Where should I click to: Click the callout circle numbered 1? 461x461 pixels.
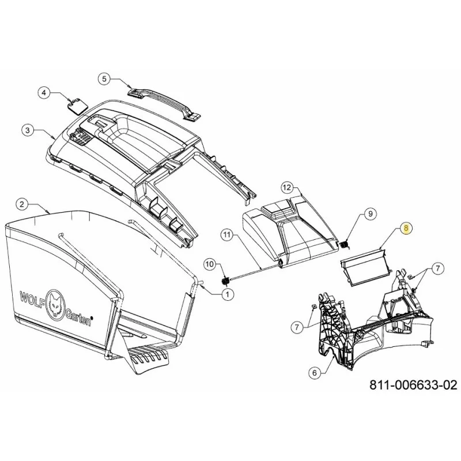227,294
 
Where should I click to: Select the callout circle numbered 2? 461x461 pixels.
22,204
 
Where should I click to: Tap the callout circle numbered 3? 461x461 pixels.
28,130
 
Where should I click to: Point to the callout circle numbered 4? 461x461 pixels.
44,93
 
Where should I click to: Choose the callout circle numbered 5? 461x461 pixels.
104,79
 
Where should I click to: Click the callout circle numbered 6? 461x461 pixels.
315,373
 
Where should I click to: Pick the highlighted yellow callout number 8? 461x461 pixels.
406,228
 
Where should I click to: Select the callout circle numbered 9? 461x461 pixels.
370,213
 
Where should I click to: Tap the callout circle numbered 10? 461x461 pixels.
210,264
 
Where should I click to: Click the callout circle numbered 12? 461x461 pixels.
288,187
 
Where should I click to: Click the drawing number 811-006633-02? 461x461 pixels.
413,384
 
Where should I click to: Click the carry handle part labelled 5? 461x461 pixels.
164,103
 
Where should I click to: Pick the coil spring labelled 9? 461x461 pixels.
344,244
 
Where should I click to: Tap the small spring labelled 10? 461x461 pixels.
225,281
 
